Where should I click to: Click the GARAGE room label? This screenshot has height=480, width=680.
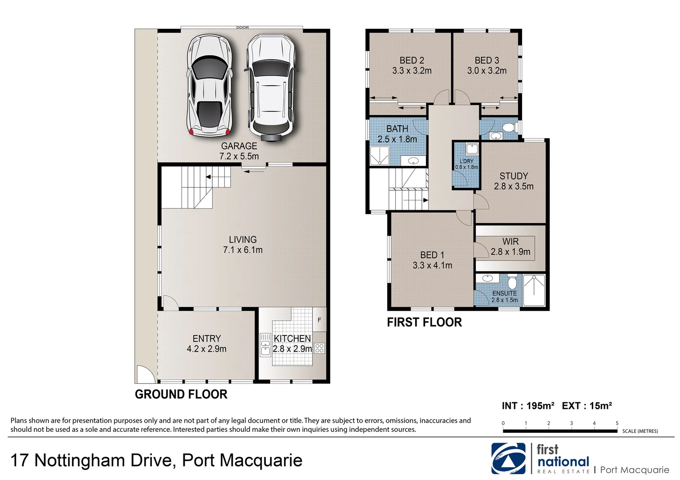click(239, 146)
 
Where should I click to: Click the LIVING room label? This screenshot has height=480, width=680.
click(243, 240)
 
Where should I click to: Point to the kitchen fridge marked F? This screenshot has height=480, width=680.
click(319, 320)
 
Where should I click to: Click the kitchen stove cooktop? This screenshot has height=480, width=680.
click(320, 348)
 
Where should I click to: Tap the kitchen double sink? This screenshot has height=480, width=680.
click(265, 345)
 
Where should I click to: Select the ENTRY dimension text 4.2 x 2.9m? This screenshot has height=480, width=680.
click(206, 349)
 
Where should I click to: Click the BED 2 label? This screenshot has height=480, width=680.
click(412, 60)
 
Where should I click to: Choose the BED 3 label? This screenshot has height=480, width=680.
click(486, 60)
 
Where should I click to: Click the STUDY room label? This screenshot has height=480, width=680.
click(514, 176)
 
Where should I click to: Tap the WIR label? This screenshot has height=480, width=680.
click(510, 241)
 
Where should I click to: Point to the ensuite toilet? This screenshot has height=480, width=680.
click(512, 282)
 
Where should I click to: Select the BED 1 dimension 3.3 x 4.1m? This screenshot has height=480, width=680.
click(432, 265)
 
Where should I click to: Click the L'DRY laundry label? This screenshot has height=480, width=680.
click(466, 161)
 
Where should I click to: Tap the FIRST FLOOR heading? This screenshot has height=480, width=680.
click(424, 322)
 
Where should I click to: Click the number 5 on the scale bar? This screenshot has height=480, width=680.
click(617, 423)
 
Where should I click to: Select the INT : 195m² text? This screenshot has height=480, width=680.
click(528, 406)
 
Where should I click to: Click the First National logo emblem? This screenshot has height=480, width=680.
click(508, 459)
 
